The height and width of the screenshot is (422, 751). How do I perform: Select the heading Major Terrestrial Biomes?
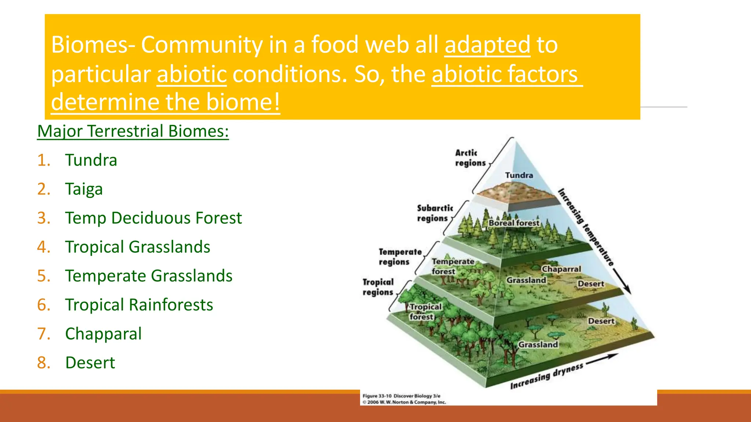133,131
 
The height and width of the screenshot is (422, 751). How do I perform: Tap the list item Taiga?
84,189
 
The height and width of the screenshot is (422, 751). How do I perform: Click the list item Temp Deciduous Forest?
153,218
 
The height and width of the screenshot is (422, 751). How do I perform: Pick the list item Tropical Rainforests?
139,305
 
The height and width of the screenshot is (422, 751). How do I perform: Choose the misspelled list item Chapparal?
103,334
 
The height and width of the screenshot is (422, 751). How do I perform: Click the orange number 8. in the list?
44,363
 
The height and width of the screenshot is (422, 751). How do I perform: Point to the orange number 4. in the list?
44,247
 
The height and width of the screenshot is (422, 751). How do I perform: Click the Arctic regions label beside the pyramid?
470,158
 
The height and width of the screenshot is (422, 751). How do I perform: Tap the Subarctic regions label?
435,213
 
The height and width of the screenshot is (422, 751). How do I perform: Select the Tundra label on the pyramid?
519,175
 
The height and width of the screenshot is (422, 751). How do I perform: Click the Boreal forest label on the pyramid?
514,223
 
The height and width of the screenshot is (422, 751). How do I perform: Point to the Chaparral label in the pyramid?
561,269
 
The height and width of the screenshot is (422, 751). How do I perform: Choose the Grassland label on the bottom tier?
538,345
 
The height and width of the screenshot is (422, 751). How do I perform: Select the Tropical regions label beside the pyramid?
378,287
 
